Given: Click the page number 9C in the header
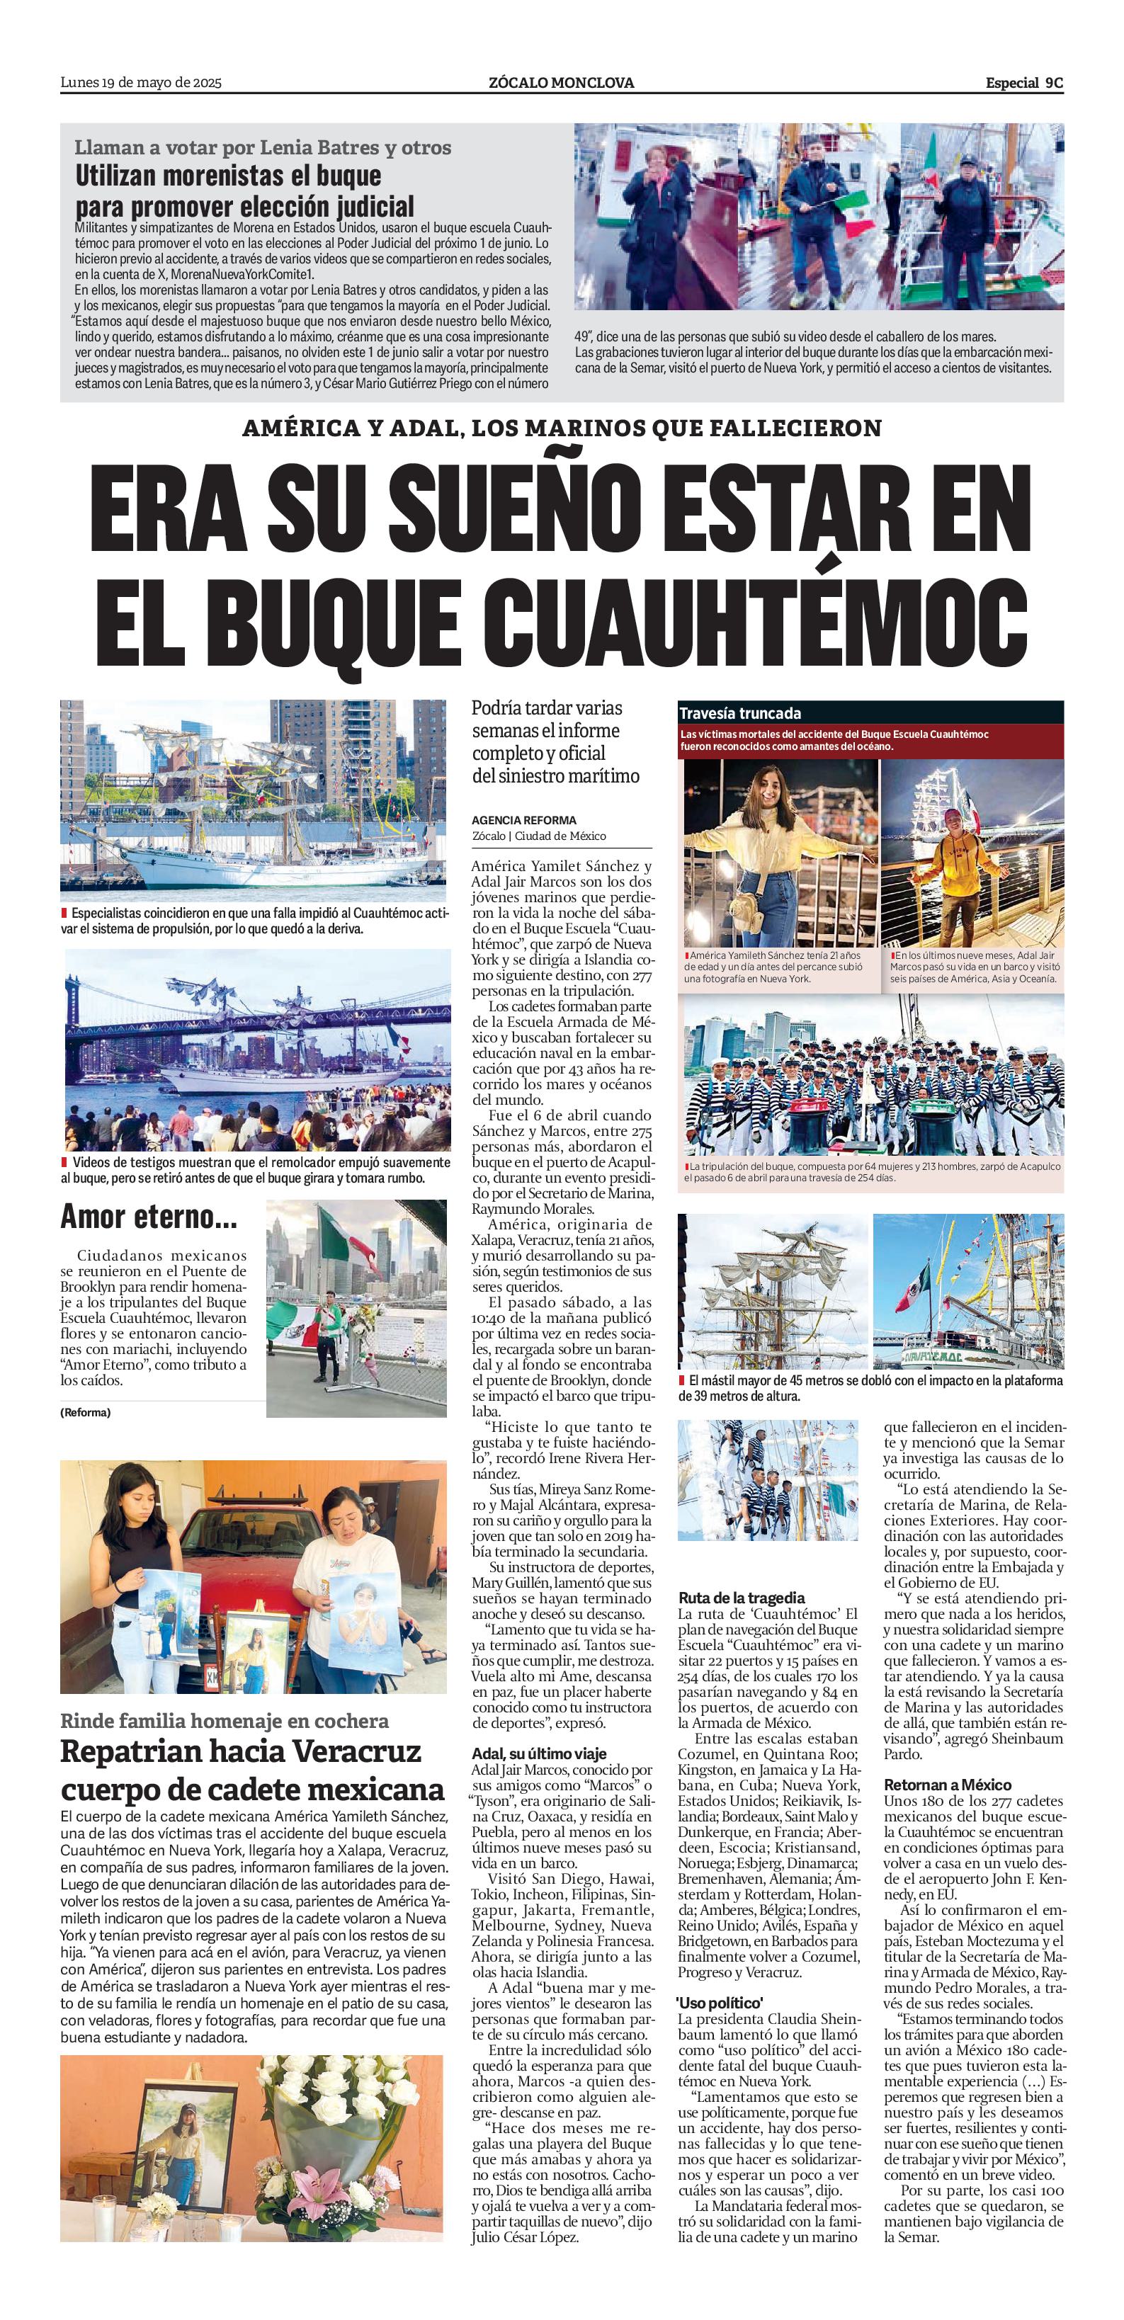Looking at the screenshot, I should tap(1054, 83).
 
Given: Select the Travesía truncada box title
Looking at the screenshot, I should tap(740, 713).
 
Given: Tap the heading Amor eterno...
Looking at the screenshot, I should tap(149, 1217).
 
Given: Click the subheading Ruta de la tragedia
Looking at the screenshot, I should tap(742, 1598).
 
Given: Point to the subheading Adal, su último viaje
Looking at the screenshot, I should tap(538, 1753).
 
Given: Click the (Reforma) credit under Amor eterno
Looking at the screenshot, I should tap(86, 1413).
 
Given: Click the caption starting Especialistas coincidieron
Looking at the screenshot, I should tap(255, 921).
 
